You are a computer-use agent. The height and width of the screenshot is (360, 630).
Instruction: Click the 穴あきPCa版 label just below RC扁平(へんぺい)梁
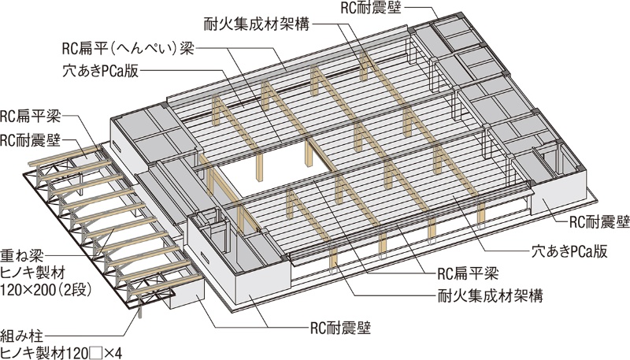(100, 69)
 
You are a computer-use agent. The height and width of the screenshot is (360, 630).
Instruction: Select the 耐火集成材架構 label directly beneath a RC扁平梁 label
(481, 297)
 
